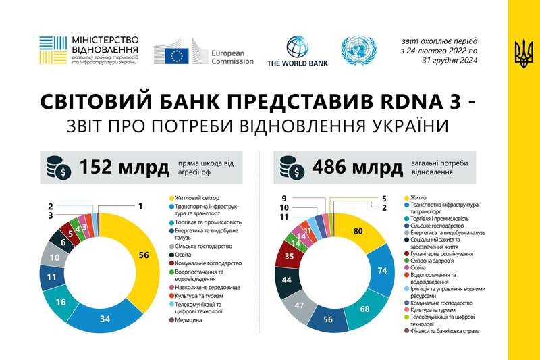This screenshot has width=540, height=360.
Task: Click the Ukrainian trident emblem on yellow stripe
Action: coord(522,53)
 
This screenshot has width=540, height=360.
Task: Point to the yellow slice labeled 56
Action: coord(142,255)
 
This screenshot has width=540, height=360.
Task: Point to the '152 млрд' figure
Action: coord(125,167)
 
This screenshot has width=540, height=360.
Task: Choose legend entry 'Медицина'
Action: coord(188,319)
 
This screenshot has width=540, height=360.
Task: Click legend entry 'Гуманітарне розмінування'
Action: coord(442,253)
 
